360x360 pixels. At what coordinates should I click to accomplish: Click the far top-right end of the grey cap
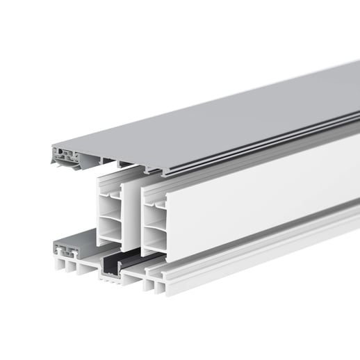point(354,66)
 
